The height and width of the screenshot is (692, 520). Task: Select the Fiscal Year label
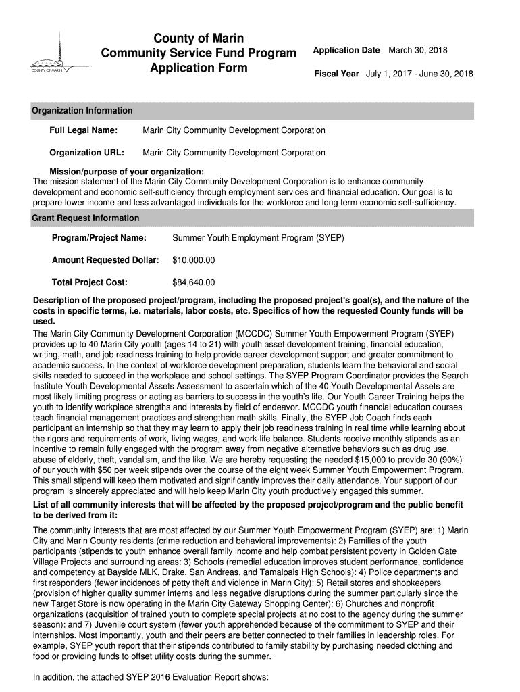[x=336, y=74]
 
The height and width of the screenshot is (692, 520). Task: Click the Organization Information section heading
[x=82, y=111]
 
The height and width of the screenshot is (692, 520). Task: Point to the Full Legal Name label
[x=84, y=130]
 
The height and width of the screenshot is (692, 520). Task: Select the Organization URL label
[x=86, y=153]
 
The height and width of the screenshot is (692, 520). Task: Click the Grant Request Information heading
[x=86, y=218]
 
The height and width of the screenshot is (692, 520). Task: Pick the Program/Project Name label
[x=99, y=238]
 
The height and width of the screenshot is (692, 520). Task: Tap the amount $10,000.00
[x=194, y=260]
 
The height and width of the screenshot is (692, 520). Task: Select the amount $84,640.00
[x=194, y=282]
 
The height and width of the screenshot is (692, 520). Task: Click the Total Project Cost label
[x=90, y=282]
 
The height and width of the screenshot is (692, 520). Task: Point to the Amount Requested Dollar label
[x=105, y=260]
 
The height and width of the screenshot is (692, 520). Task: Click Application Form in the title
[x=199, y=68]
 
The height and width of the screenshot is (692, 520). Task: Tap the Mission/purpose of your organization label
[x=127, y=172]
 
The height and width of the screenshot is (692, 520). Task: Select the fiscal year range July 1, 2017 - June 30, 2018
[x=419, y=74]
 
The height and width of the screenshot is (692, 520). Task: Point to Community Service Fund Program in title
[x=199, y=53]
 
